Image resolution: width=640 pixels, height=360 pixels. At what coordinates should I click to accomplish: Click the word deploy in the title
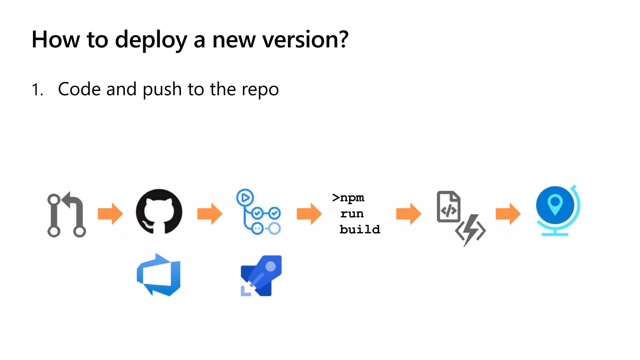[151, 40]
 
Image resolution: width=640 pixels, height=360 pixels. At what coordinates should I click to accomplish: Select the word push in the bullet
[162, 89]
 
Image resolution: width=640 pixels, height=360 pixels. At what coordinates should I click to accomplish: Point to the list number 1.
[37, 90]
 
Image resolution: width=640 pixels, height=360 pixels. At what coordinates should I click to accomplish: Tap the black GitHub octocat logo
[159, 212]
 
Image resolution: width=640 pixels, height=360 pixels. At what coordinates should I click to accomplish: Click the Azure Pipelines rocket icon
[261, 276]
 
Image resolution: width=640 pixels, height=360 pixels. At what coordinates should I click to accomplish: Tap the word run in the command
[352, 214]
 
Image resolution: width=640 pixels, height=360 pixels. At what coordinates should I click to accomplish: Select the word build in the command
[360, 230]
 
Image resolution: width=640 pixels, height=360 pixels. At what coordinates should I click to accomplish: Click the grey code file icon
[448, 207]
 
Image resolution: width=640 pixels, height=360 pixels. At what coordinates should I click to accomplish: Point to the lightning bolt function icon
[470, 230]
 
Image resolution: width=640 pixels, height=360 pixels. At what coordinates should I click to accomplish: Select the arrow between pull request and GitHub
[110, 214]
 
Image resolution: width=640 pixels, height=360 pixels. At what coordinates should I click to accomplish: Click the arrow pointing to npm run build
[309, 214]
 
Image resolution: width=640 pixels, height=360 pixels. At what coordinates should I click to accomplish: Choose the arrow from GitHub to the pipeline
[210, 214]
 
